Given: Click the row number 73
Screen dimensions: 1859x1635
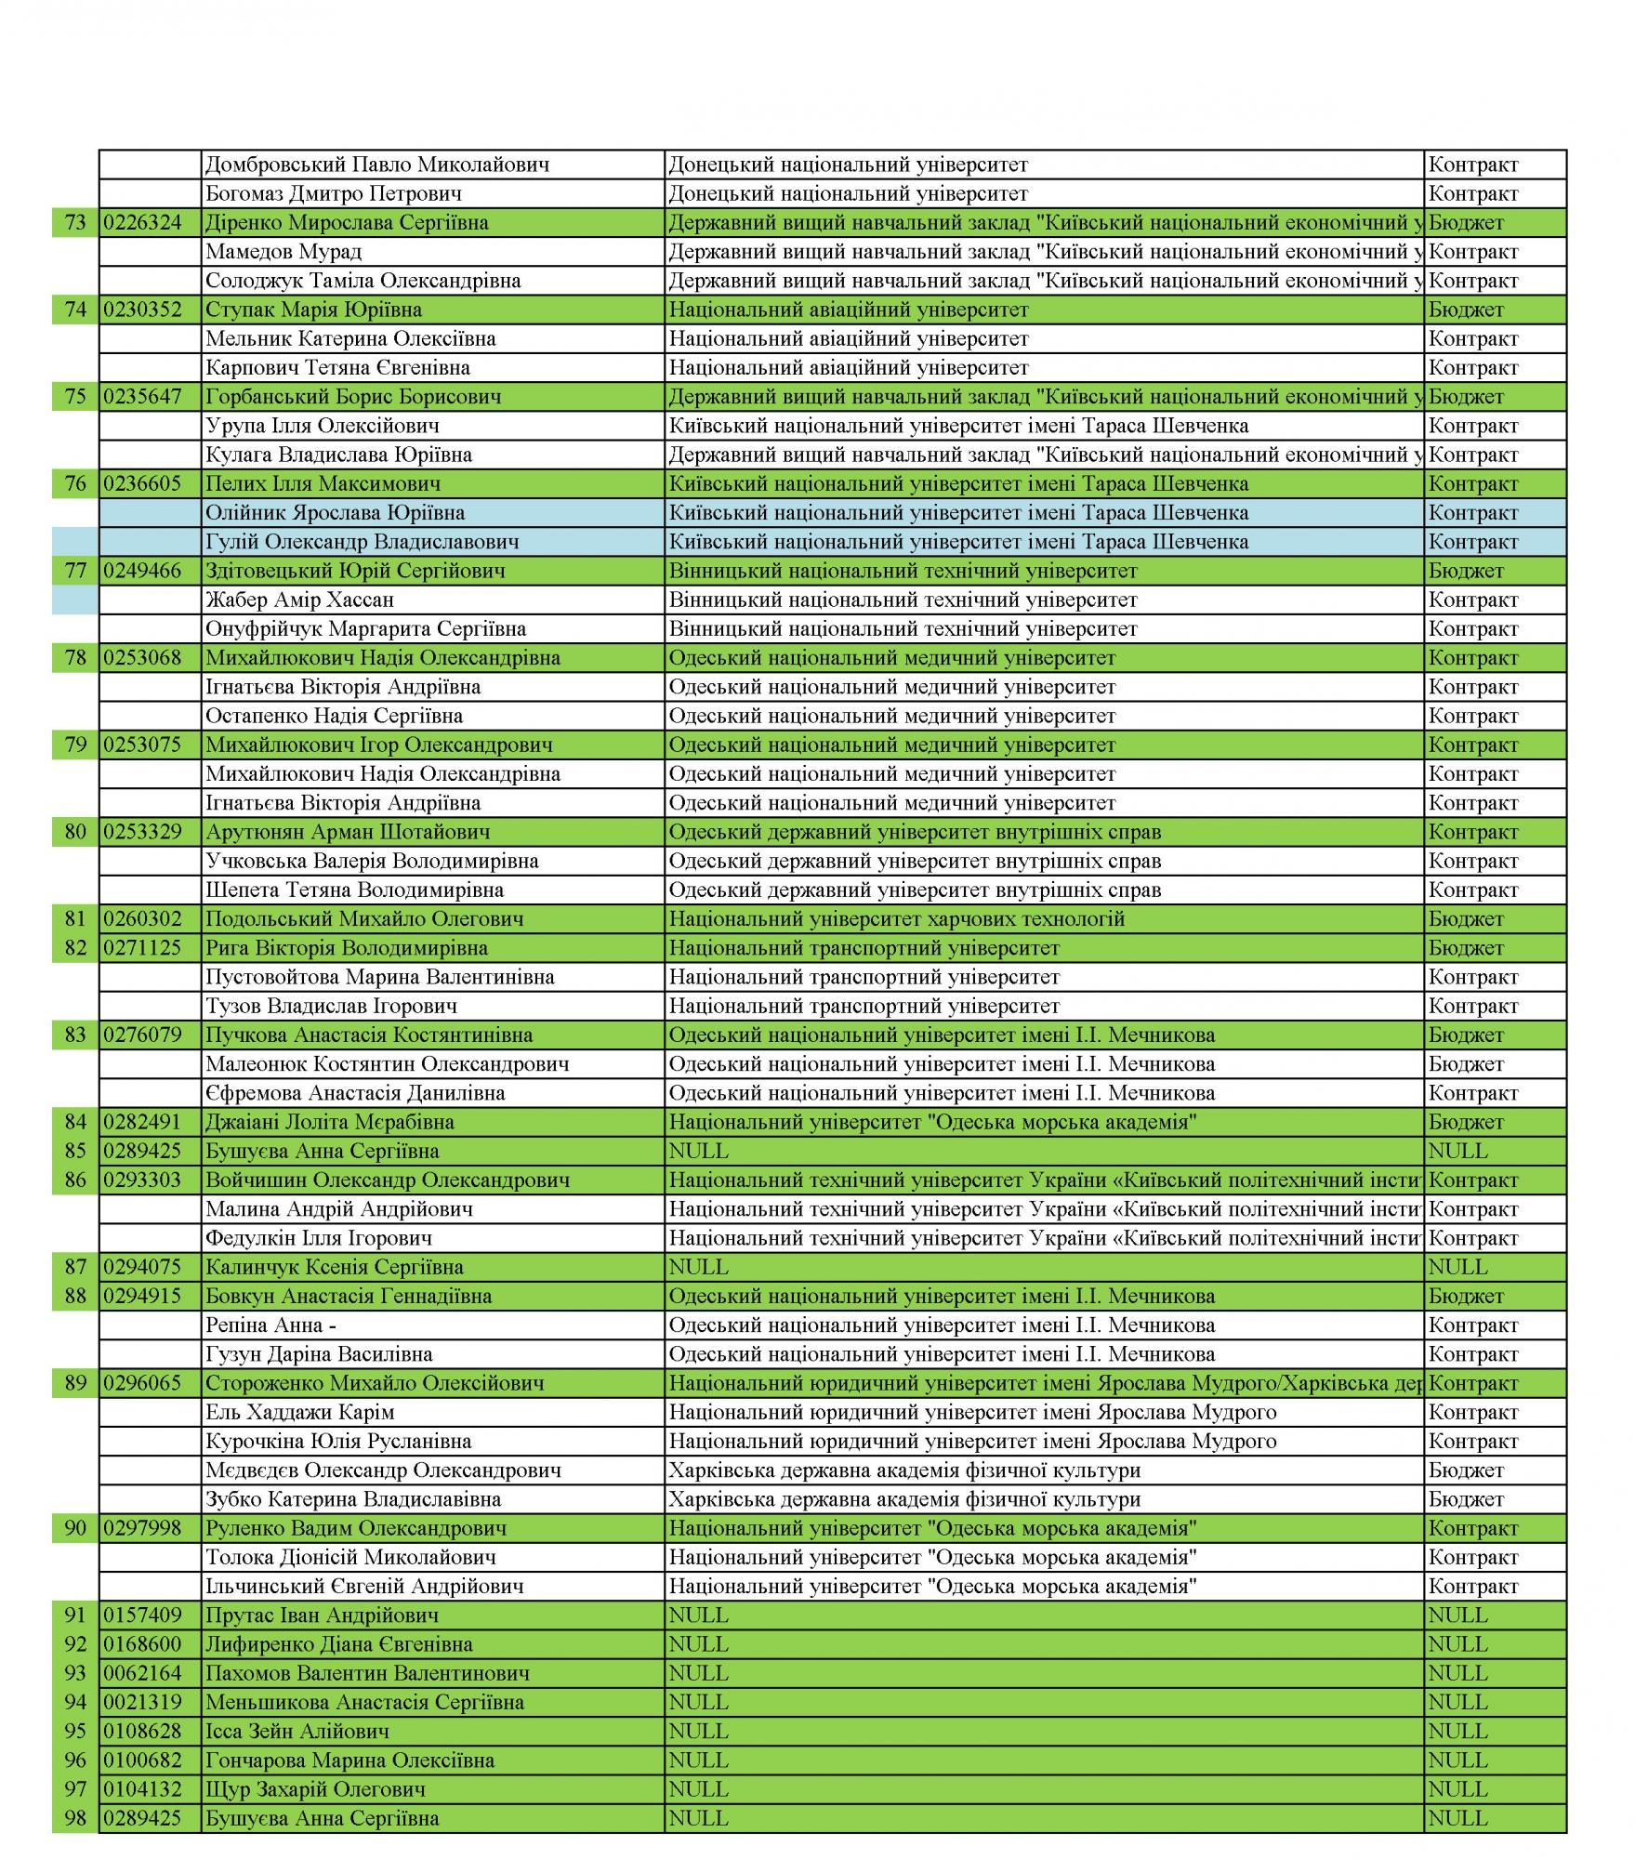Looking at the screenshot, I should coord(75,223).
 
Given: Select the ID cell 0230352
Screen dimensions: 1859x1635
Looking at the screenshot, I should coord(143,310).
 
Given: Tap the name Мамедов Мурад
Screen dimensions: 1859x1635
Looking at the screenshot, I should coord(283,252).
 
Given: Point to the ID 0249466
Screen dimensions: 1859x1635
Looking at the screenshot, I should coord(143,572).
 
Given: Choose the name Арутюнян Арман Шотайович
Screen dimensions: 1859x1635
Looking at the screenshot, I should coord(348,833).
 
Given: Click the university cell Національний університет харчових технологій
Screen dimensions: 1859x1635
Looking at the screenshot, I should coord(897,919).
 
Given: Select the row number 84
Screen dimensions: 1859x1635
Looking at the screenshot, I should coord(75,1123).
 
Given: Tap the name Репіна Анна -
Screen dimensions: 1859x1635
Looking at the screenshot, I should coord(270,1325).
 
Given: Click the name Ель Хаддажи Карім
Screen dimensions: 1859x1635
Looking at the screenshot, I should coord(300,1413).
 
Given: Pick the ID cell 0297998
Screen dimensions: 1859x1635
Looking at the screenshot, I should coord(143,1529).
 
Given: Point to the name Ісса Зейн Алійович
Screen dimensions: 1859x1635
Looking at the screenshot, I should coord(297,1732).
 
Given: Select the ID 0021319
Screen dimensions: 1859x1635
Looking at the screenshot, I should coord(143,1703).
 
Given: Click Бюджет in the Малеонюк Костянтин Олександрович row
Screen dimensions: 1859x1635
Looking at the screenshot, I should coord(1466,1064).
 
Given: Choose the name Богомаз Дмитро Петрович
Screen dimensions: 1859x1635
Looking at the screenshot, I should coord(334,194).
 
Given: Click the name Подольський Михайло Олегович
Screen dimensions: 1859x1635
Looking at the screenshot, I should coord(364,919).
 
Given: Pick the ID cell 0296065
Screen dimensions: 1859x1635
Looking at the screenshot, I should coord(143,1384).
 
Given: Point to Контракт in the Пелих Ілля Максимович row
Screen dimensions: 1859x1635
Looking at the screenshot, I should coord(1473,484).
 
